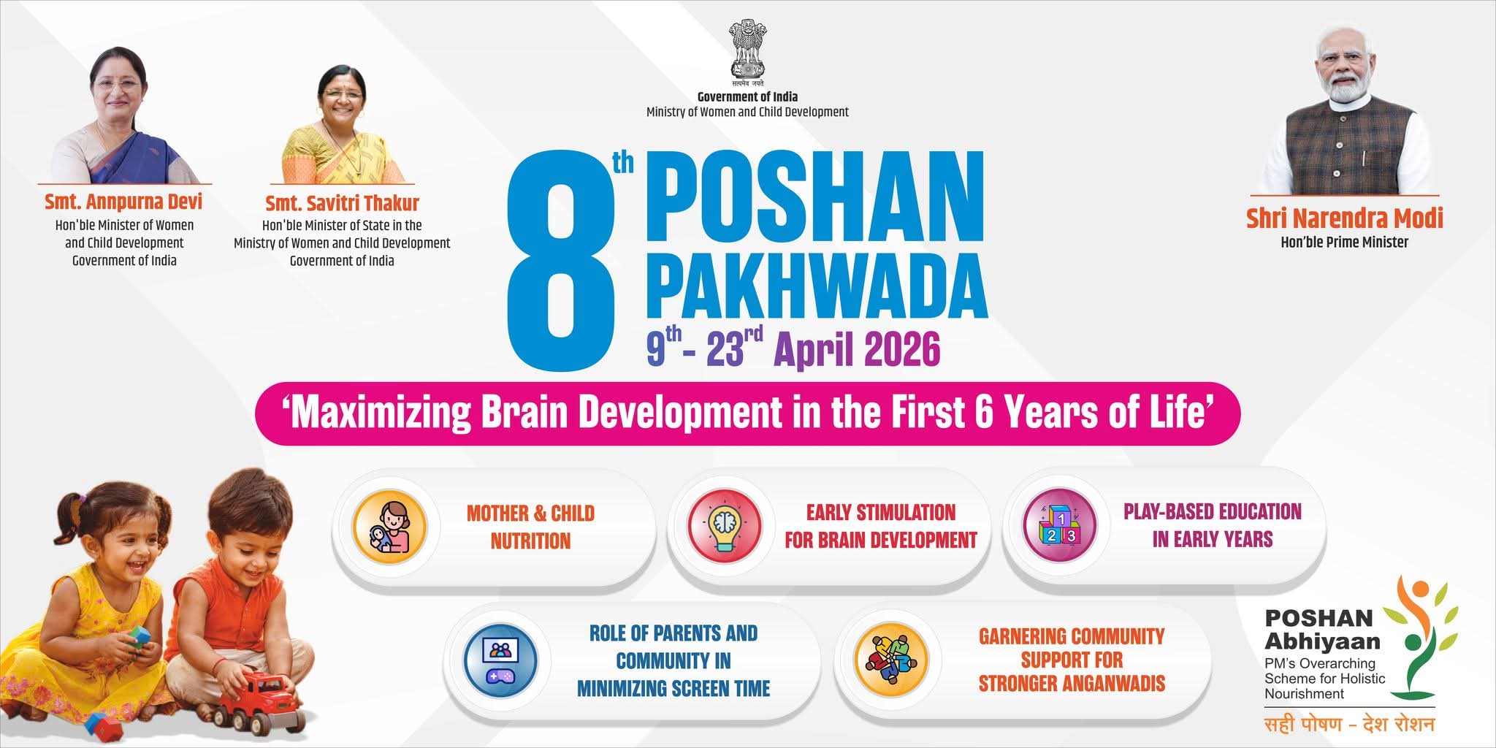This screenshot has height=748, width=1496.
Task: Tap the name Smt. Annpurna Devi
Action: point(123,202)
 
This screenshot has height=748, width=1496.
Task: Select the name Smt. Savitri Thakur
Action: point(342,202)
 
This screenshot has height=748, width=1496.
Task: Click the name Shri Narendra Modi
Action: point(1344,218)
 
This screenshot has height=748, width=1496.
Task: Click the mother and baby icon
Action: point(389,526)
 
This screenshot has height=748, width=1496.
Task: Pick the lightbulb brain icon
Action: point(725,526)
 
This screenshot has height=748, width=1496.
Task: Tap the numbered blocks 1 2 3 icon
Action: point(1059,524)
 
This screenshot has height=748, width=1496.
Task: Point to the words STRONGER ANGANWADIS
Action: point(1072,684)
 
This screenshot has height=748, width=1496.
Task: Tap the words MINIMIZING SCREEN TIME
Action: point(673,688)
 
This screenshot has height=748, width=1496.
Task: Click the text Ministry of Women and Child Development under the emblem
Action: point(747,112)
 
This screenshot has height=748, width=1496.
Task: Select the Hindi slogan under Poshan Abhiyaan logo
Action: point(1349,725)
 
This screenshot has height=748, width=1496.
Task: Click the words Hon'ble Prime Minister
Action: point(1344,242)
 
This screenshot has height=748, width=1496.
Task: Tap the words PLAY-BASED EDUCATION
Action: point(1213,511)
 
